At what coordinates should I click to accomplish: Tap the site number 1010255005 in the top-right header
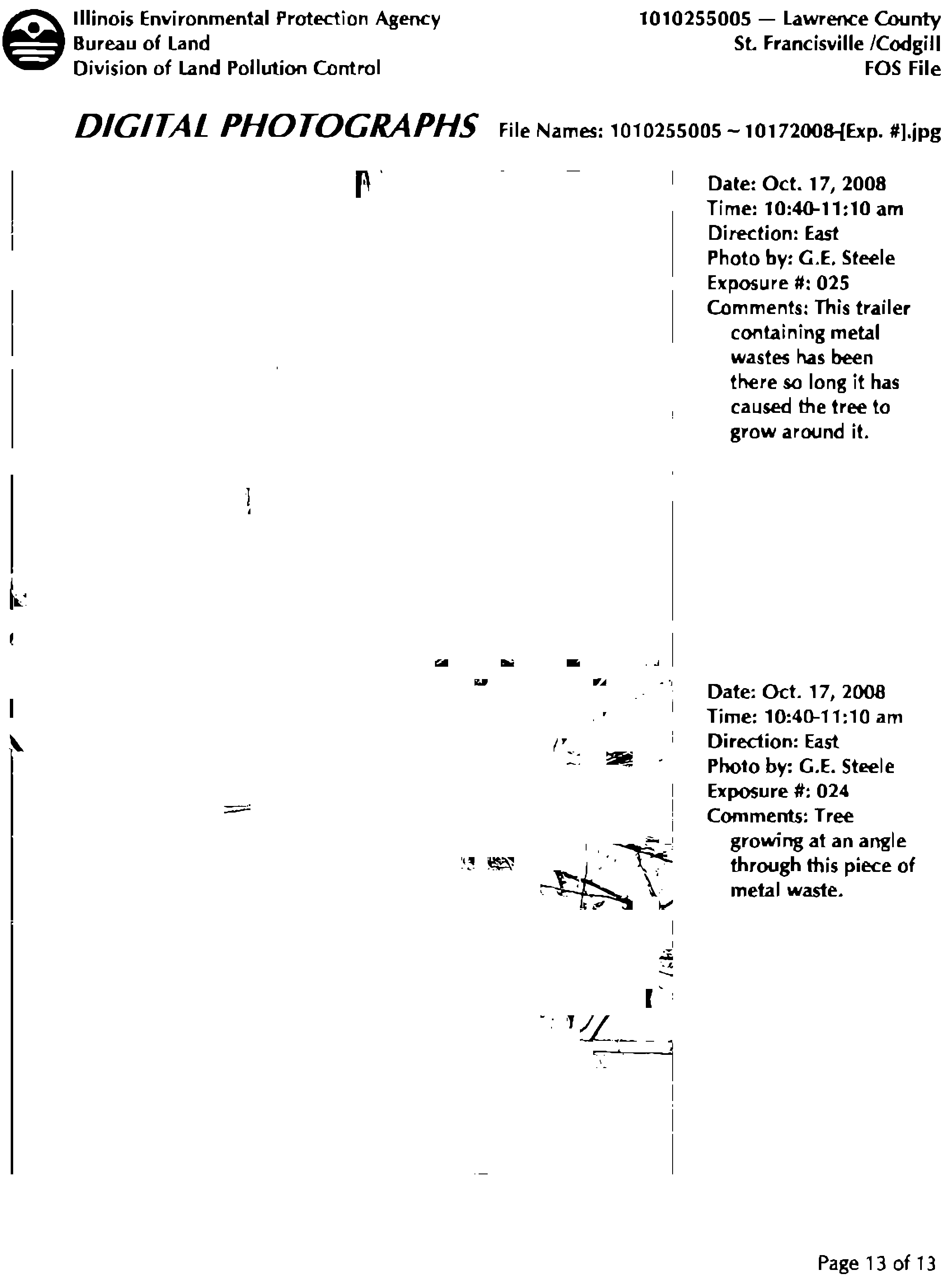tap(695, 19)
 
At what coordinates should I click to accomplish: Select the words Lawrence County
tap(862, 19)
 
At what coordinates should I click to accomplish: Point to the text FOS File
tap(902, 69)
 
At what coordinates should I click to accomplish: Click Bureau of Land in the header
tap(141, 44)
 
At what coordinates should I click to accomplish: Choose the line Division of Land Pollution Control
tap(227, 68)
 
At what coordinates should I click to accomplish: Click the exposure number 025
tap(832, 283)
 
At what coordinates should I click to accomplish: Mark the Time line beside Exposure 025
tap(805, 208)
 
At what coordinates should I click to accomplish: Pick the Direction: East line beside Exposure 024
tap(773, 742)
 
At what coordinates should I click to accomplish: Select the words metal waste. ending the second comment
tap(786, 890)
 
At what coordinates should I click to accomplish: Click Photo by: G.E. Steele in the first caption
tap(801, 258)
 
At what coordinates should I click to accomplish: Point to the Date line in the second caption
tap(796, 692)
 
